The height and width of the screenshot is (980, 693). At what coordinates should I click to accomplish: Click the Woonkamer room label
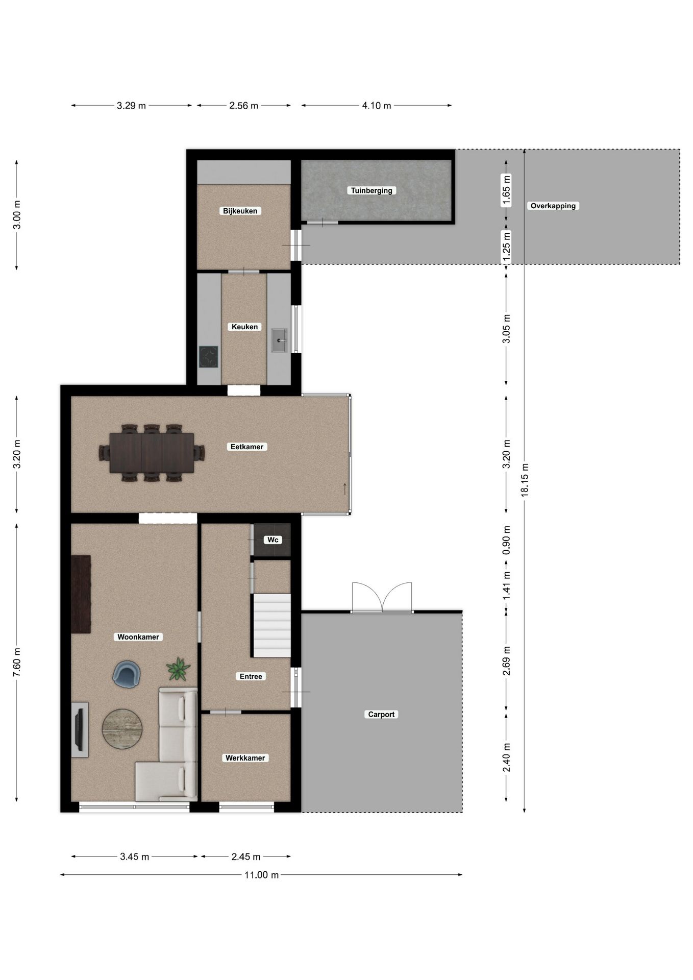(138, 636)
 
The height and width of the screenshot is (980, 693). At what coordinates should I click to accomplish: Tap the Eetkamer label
(247, 447)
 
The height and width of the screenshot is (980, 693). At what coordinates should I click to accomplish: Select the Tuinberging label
(372, 190)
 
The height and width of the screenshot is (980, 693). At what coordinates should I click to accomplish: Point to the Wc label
(273, 540)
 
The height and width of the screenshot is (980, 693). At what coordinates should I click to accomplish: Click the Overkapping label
(553, 206)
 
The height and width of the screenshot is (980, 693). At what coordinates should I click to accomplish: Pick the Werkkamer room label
(245, 758)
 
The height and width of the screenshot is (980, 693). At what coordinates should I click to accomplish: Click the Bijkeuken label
(240, 211)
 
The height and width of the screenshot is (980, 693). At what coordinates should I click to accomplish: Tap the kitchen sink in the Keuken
(279, 340)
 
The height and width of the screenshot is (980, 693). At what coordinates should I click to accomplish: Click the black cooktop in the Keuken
(208, 357)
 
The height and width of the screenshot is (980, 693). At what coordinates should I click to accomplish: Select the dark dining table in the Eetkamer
(152, 453)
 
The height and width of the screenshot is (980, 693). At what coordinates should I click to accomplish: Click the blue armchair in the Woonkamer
(126, 674)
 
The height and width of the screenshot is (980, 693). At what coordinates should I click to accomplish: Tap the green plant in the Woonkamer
(178, 669)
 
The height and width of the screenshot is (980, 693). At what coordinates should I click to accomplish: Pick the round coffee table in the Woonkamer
(122, 729)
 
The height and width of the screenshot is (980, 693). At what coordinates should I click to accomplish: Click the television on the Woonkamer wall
(80, 729)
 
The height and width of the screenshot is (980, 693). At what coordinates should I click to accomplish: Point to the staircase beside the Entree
(272, 625)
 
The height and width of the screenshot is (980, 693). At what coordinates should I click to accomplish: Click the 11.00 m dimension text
(262, 875)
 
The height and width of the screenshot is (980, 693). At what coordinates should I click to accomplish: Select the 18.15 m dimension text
(525, 480)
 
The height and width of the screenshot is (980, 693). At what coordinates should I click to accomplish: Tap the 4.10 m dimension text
(377, 106)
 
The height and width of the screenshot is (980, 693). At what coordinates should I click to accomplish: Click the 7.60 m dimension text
(16, 663)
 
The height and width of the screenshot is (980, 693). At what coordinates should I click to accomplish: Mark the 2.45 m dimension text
(246, 856)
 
